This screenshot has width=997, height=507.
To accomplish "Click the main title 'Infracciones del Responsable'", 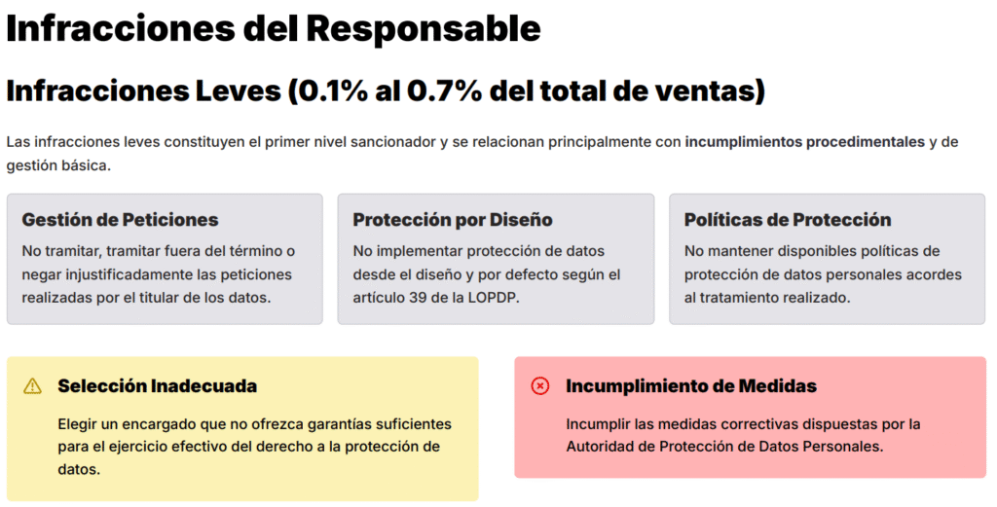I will [x=274, y=28].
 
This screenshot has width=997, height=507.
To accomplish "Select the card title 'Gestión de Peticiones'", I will [x=120, y=220].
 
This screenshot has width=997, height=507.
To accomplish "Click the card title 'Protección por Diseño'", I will [x=453, y=220].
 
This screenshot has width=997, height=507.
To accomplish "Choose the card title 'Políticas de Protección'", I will [x=788, y=220].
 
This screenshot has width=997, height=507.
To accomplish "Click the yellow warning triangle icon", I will [x=33, y=386].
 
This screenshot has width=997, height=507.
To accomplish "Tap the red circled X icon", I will [x=539, y=386].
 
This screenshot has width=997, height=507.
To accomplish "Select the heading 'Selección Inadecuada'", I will [x=157, y=386].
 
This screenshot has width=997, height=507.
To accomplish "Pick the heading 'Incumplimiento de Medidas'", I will [x=691, y=386].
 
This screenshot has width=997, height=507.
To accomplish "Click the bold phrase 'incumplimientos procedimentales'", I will [x=804, y=142].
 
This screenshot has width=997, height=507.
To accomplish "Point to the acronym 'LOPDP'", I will [x=492, y=297].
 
